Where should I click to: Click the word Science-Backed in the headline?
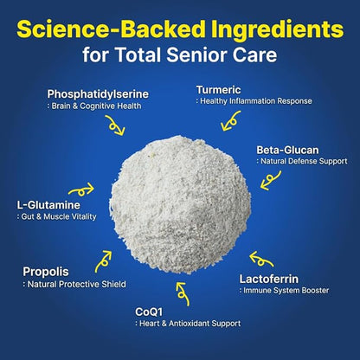[111, 29]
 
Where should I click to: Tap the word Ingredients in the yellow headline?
[277, 30]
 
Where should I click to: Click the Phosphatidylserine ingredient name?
[98, 94]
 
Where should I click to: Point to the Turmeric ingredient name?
[218, 90]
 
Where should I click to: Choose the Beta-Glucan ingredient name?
[287, 150]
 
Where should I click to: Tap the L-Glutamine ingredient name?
[48, 205]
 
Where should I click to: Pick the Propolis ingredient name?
[46, 272]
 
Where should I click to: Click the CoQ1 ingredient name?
[149, 312]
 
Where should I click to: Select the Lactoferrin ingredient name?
[269, 280]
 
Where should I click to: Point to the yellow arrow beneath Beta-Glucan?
[270, 181]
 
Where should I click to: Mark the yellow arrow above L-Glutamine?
[81, 190]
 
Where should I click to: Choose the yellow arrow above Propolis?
[103, 262]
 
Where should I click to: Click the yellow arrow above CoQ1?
[183, 293]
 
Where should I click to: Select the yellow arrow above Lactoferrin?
[261, 260]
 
